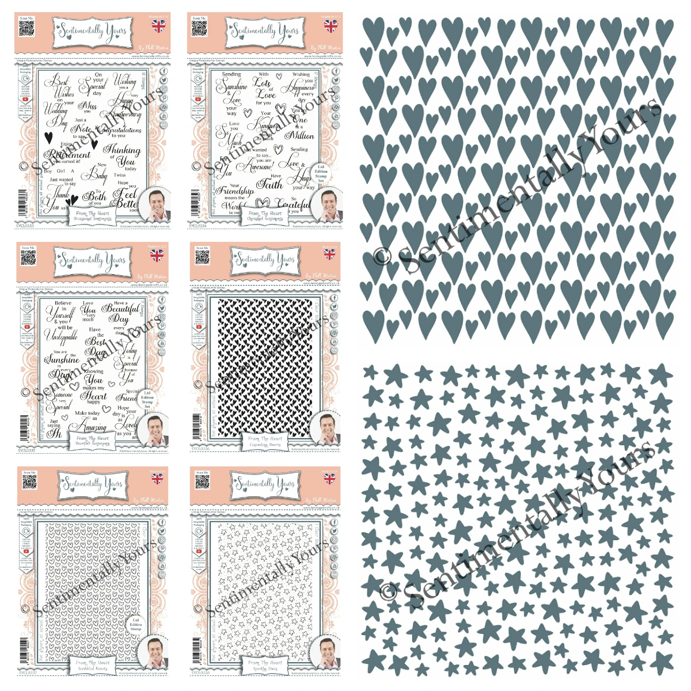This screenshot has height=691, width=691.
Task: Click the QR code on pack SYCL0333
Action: tap(26, 29)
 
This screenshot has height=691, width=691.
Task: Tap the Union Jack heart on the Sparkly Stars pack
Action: tap(329, 479)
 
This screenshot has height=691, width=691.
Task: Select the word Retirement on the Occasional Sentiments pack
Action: tap(69, 154)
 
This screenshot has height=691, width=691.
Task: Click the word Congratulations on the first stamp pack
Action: tap(119, 130)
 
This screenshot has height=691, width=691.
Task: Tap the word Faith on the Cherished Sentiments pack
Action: tap(269, 184)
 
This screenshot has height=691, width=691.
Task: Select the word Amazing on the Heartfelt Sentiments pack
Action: tap(92, 427)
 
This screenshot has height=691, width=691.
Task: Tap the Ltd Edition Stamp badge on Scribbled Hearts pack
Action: tap(135, 624)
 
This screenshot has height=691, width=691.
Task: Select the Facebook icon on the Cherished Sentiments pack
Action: tap(337, 72)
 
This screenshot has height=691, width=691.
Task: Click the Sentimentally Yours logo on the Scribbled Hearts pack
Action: tap(93, 484)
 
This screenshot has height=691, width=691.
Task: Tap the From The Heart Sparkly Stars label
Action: tap(264, 665)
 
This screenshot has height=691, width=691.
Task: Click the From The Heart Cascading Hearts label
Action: tap(264, 441)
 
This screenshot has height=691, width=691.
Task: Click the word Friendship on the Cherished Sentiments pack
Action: tap(235, 190)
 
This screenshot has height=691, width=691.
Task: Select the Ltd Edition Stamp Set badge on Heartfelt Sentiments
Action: tap(147, 399)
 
